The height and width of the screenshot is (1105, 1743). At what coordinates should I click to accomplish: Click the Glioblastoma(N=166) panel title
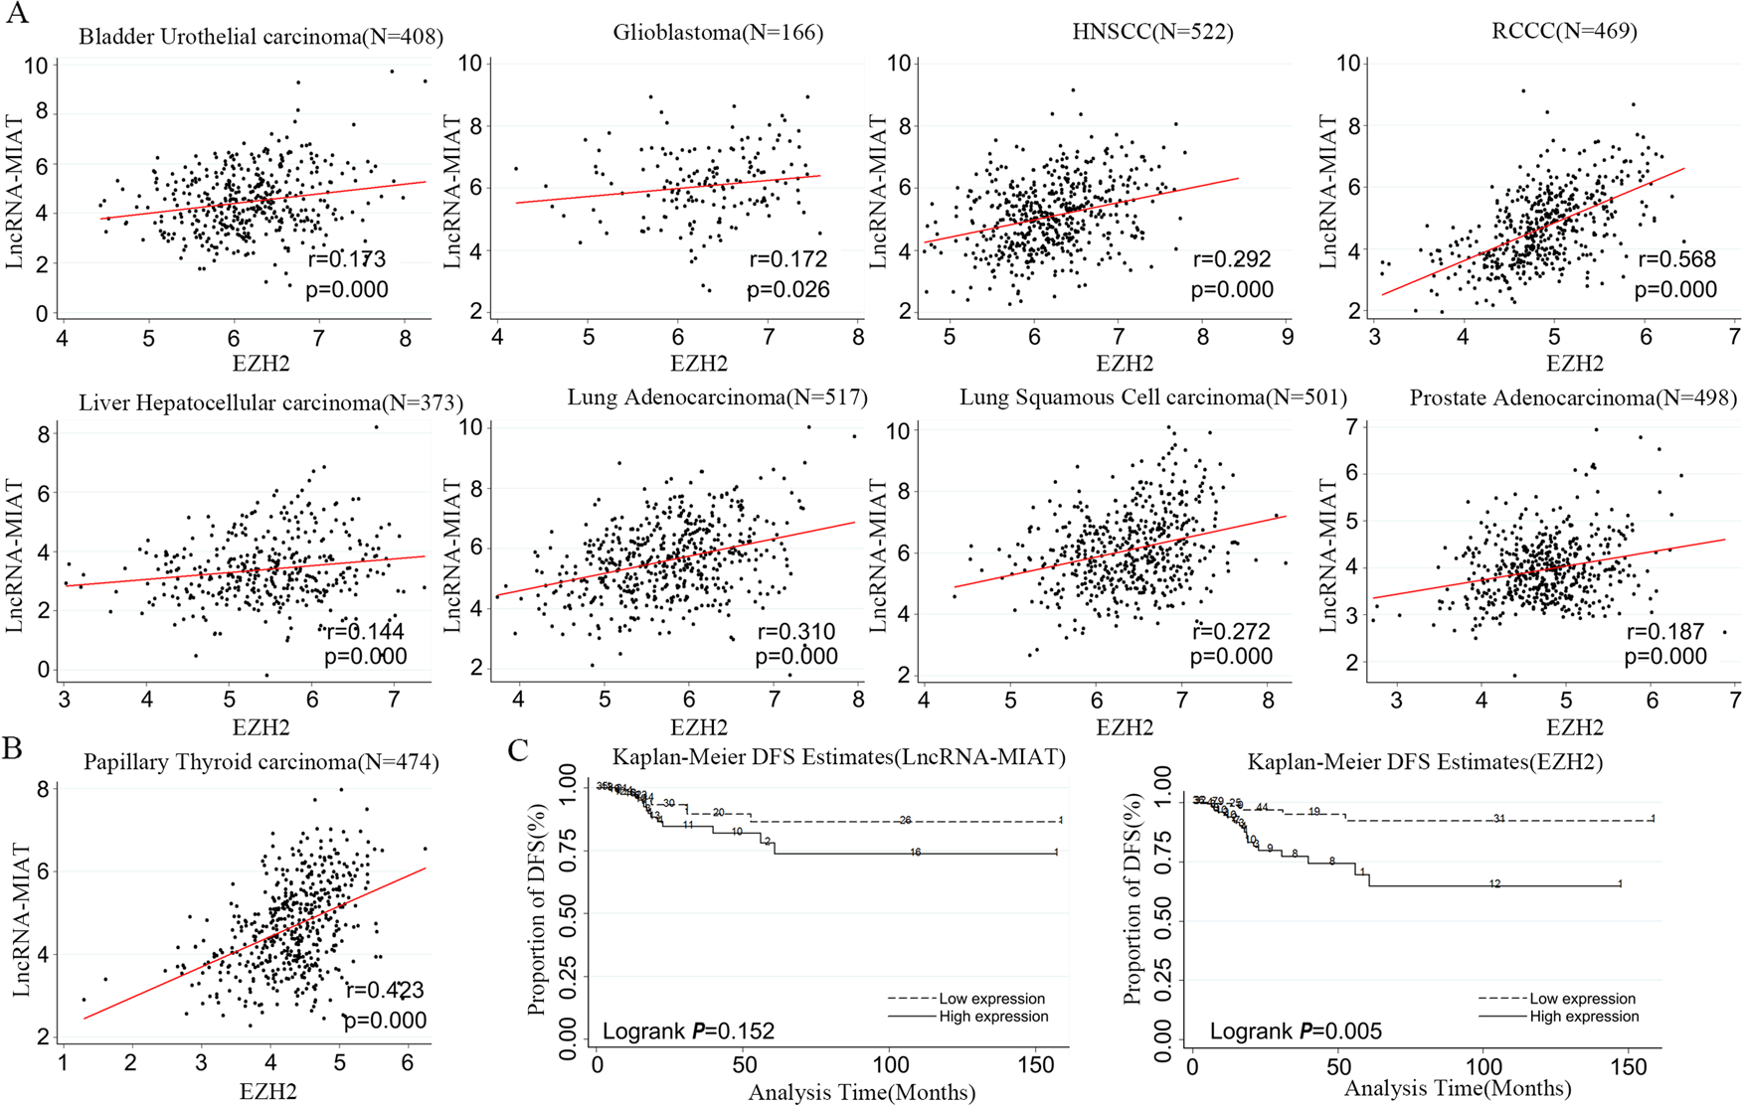coord(718,33)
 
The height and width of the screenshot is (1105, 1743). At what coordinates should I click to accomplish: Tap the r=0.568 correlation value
coord(1676,259)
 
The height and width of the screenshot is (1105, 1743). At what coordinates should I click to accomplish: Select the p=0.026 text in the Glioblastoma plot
coord(788,290)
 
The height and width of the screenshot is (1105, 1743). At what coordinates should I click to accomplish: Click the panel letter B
coord(13,747)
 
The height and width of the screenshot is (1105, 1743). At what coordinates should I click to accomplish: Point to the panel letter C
coord(518,750)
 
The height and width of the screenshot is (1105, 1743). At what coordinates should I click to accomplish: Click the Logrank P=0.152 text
coord(688,1031)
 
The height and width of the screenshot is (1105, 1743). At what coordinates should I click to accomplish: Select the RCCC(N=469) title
coord(1564,31)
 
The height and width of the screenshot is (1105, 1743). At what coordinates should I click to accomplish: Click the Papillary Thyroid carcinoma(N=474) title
coord(261,762)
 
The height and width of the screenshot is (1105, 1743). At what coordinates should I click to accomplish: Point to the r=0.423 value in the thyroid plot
coord(385,990)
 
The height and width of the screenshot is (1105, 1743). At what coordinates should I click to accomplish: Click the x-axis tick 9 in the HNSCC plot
coord(1287,337)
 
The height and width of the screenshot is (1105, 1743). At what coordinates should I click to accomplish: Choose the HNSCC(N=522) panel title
coord(1152,32)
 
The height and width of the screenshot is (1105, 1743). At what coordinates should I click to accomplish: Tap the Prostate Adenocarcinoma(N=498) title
coord(1573,398)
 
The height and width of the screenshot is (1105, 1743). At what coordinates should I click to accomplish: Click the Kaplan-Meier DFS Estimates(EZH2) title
coord(1425,762)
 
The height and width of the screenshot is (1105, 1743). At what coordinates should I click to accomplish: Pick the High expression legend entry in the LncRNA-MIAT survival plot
coord(993,1017)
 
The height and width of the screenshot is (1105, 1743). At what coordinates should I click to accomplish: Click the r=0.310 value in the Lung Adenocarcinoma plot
coord(796,632)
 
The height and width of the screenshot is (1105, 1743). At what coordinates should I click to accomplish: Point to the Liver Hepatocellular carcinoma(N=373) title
coord(270,402)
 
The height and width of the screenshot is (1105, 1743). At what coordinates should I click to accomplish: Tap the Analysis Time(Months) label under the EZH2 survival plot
coord(1458,1089)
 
